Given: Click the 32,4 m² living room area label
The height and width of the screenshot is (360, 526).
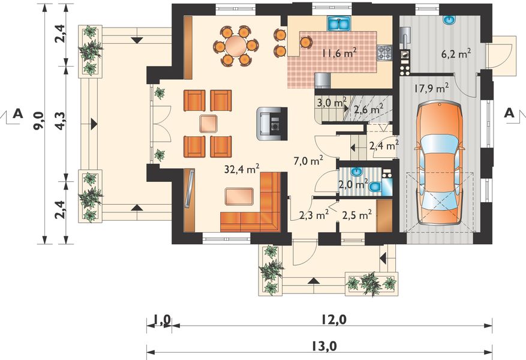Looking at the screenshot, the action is (242, 169).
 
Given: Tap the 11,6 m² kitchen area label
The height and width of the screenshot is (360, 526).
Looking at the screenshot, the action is (339, 53).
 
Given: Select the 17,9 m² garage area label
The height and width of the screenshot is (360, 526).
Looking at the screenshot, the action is (432, 88).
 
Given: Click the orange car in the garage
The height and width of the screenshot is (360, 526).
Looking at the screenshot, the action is (439, 164).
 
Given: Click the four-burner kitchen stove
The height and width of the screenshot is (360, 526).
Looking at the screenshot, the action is (385, 53).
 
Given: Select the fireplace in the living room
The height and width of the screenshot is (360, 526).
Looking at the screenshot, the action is (272, 124).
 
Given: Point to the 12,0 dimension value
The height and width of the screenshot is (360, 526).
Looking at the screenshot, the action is (334, 320).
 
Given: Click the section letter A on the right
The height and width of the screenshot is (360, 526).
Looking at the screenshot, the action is (509, 113).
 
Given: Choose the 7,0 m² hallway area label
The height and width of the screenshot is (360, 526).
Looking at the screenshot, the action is (309, 161).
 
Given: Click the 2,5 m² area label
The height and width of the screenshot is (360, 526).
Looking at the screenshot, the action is (357, 214).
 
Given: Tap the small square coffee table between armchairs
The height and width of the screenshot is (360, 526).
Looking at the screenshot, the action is (208, 124).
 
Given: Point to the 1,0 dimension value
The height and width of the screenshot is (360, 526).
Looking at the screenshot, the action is (162, 320).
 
